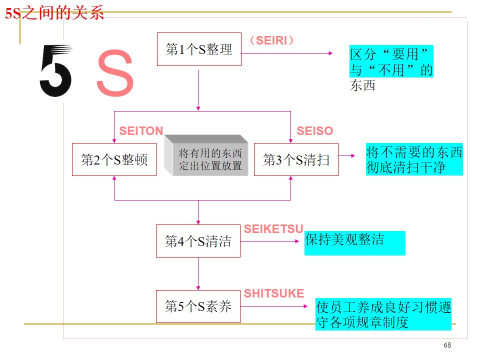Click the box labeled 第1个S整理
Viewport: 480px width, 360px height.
click(x=199, y=49)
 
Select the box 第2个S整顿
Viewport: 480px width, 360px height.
click(x=114, y=159)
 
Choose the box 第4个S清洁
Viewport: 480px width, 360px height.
click(x=198, y=241)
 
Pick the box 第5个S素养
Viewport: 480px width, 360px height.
click(x=198, y=306)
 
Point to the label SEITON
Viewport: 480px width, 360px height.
click(x=141, y=131)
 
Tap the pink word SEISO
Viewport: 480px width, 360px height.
click(x=314, y=131)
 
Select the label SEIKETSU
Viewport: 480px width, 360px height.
click(x=273, y=229)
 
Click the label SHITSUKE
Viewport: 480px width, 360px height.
click(x=273, y=293)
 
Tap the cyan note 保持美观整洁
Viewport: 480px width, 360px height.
click(x=354, y=242)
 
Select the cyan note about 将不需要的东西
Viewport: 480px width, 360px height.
click(x=414, y=160)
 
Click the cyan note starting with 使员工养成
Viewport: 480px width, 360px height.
click(x=383, y=314)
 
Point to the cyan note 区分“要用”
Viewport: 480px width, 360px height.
click(x=391, y=61)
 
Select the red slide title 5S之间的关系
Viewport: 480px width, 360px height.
click(x=54, y=13)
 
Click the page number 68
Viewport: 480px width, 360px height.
click(x=447, y=345)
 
